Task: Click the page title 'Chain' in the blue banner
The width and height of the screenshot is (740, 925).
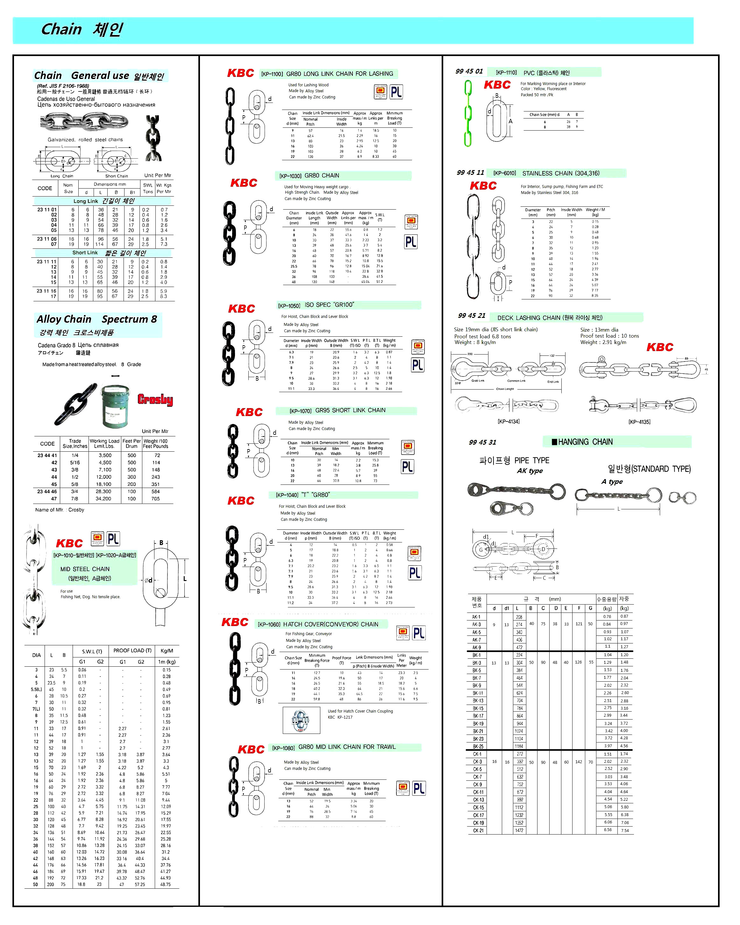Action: [x=61, y=29]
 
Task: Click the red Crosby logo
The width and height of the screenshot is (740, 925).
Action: [x=155, y=399]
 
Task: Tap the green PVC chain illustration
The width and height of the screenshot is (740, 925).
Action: [x=468, y=113]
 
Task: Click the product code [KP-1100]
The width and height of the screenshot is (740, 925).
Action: [x=272, y=74]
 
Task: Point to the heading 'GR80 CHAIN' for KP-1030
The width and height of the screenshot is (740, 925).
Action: [x=322, y=176]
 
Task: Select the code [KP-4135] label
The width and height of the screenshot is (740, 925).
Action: [x=639, y=422]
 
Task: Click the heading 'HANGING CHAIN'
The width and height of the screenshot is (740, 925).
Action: [x=585, y=442]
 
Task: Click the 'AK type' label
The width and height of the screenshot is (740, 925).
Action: [x=530, y=471]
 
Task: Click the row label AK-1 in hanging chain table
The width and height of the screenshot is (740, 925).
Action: [x=477, y=617]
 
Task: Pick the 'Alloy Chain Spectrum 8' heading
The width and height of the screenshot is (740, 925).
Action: [x=96, y=319]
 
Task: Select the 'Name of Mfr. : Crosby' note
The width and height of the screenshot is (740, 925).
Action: [x=60, y=510]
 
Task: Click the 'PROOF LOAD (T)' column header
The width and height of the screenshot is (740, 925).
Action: [x=132, y=650]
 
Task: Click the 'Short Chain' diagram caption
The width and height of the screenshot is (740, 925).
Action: [x=117, y=176]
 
